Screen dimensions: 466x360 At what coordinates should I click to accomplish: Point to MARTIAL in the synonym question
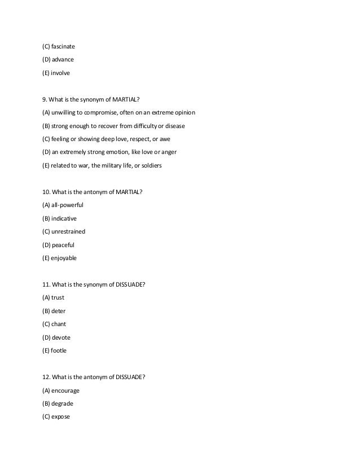point(127,100)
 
